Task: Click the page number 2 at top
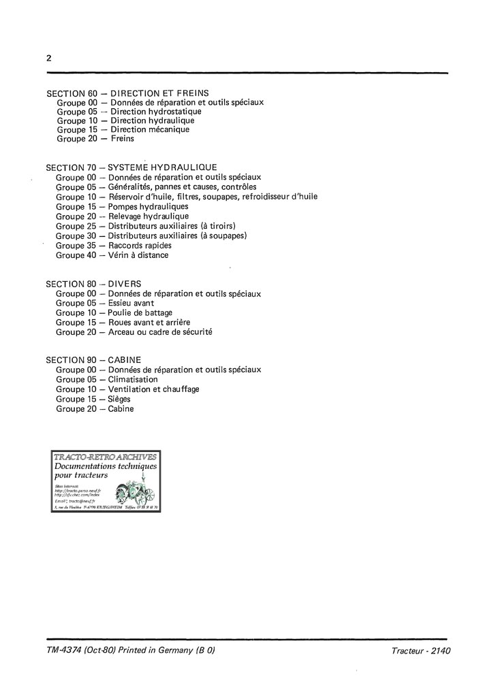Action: [x=49, y=58]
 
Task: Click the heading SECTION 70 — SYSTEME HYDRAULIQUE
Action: [x=131, y=167]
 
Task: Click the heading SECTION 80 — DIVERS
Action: [x=98, y=283]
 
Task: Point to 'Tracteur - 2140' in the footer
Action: [x=421, y=651]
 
